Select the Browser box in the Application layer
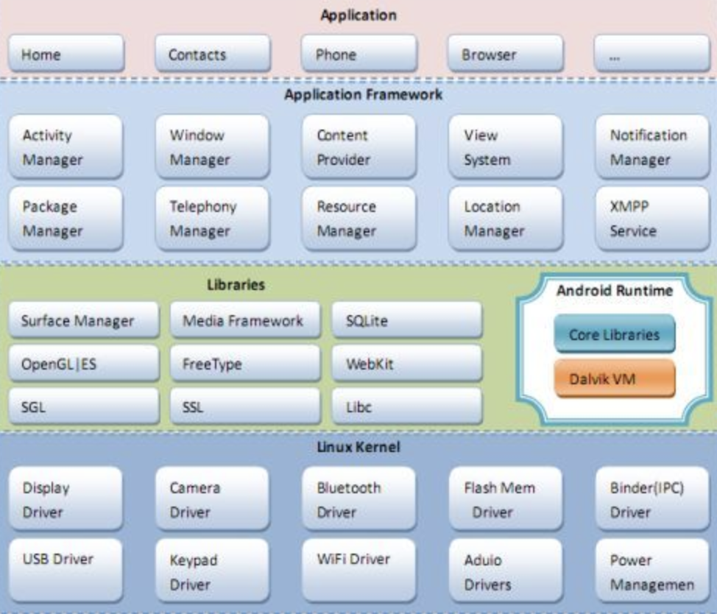505,54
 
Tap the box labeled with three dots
651,54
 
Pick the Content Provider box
359,147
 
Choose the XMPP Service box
651,219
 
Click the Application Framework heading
364,95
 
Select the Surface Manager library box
85,320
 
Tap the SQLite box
407,320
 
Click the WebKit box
407,363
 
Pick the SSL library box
246,406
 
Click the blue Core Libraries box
614,334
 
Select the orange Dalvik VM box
614,378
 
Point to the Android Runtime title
615,291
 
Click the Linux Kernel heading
358,448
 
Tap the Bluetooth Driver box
359,499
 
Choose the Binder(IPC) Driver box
651,499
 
